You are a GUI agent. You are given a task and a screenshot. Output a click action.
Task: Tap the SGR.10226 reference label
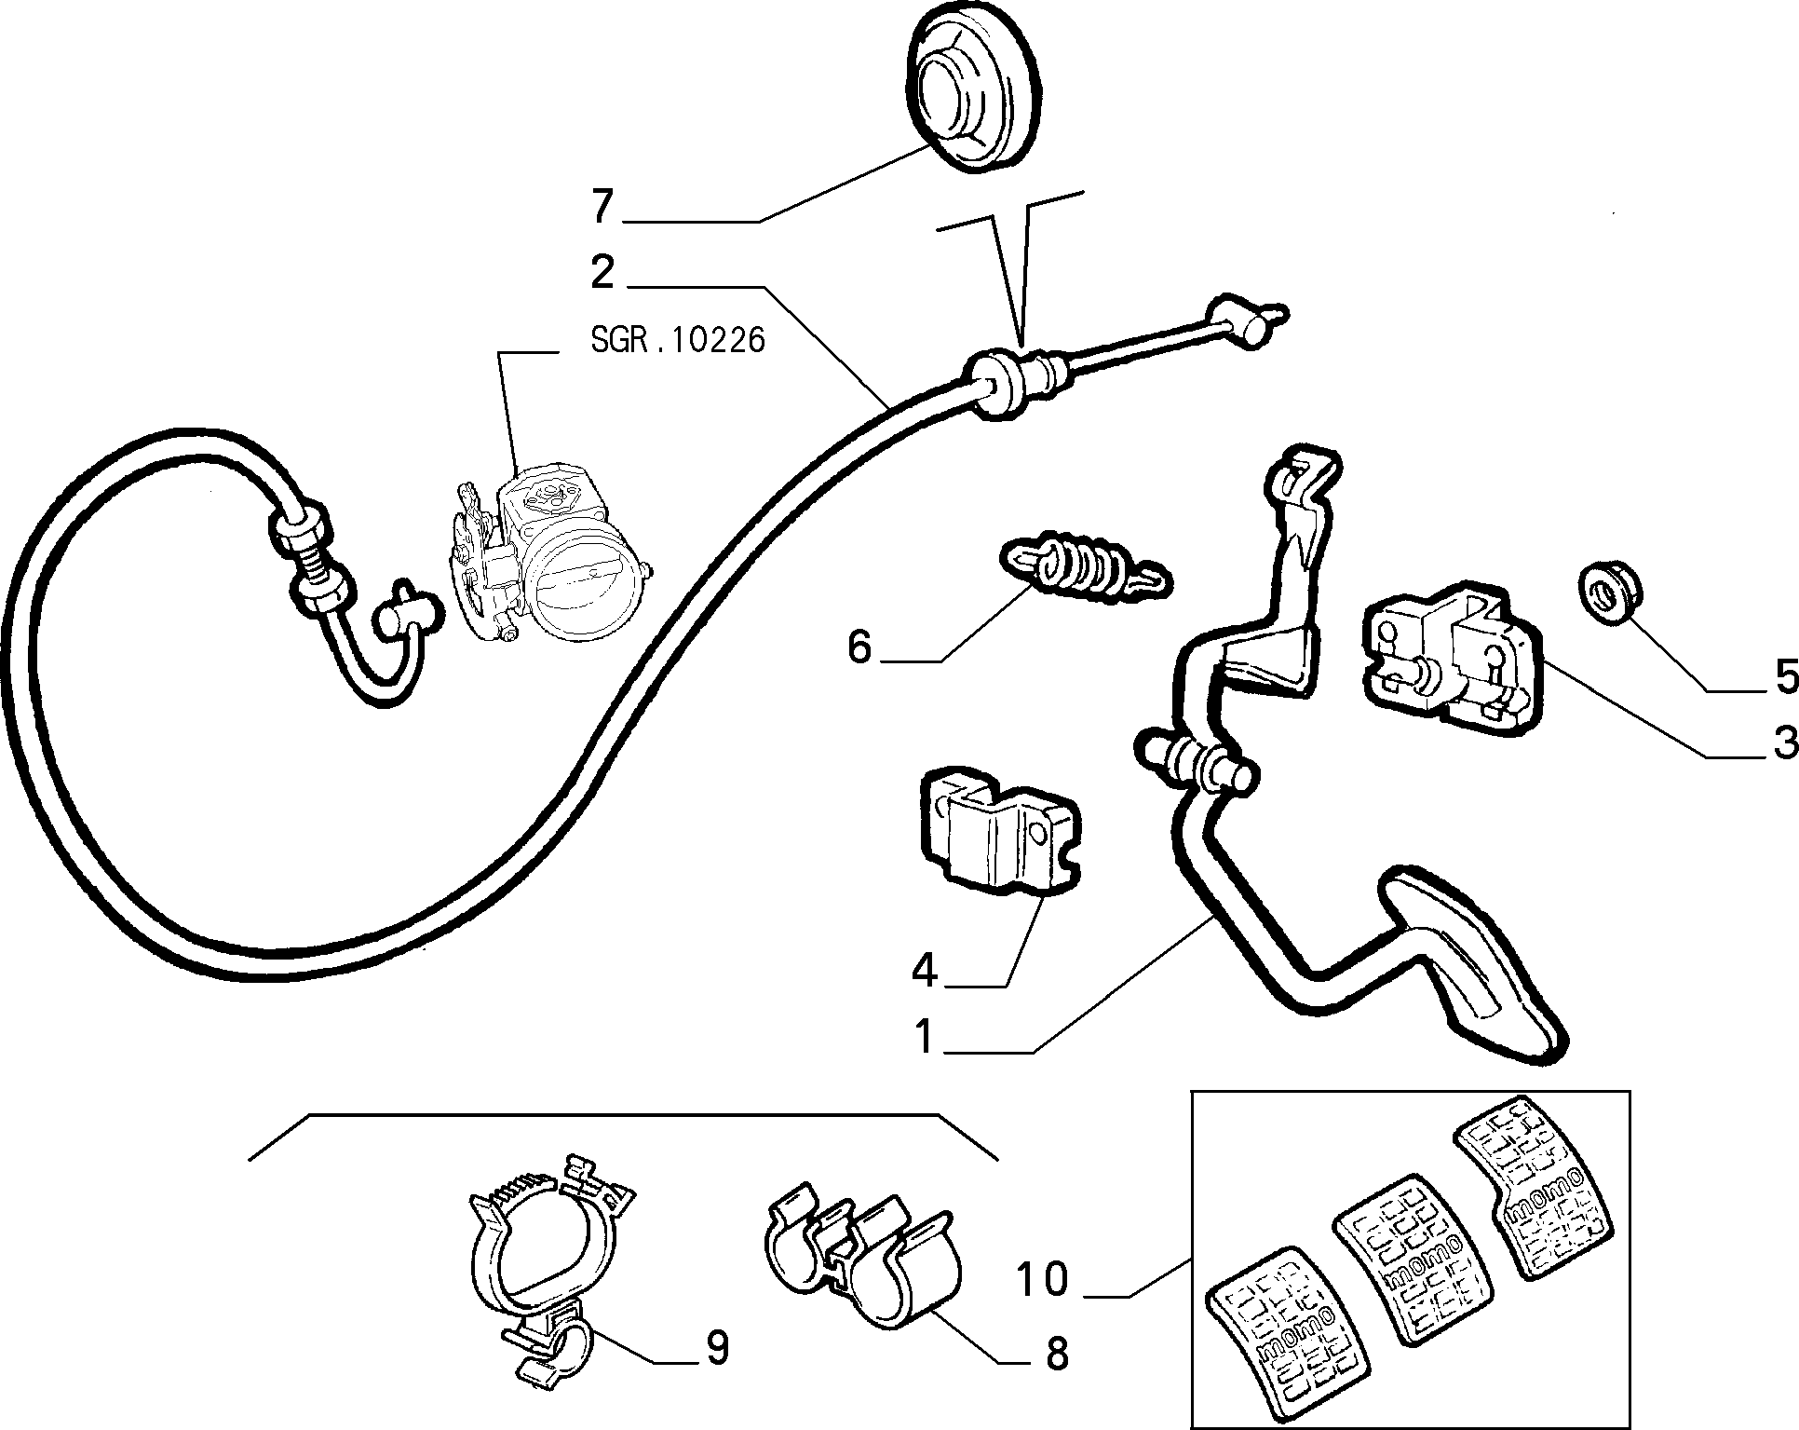tap(678, 340)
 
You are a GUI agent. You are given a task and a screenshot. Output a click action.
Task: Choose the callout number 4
tap(925, 972)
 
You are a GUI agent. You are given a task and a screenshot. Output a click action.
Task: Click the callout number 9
tap(716, 1348)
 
